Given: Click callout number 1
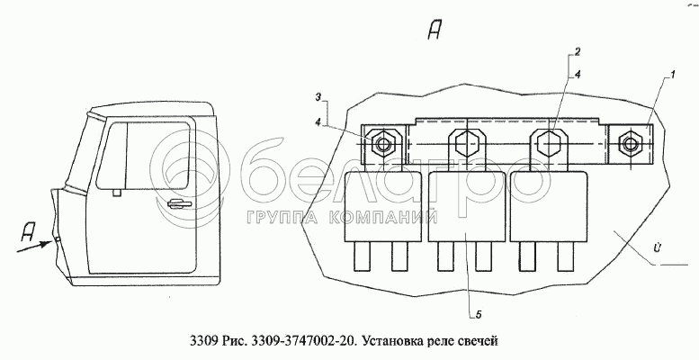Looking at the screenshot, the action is tap(672, 75).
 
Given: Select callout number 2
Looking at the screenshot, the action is tap(577, 52).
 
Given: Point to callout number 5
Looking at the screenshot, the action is tap(479, 315).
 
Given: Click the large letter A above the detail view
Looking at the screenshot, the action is tap(435, 31).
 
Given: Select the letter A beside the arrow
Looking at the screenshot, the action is tap(29, 232).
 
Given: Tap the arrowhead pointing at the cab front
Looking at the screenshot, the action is tap(47, 244).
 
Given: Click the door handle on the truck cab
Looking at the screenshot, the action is tap(179, 204).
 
